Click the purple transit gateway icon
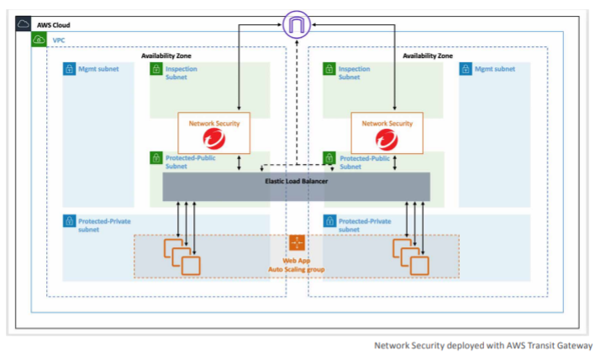pos(297,24)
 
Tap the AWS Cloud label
pos(53,25)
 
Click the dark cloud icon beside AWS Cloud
pos(24,24)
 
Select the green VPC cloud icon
pos(39,40)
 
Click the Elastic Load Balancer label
pos(297,181)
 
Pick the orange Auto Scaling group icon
pos(297,242)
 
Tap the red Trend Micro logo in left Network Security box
pos(214,139)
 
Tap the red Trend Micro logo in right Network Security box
pos(387,139)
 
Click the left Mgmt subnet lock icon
pos(69,69)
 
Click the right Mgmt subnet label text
pos(495,69)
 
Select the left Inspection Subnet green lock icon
pos(156,69)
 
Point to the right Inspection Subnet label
pos(354,72)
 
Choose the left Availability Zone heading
pos(166,56)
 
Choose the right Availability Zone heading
pos(428,56)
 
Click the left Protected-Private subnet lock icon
pos(69,221)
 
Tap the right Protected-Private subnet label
pos(365,225)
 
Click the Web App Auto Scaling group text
pos(297,265)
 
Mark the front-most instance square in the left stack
pos(191,266)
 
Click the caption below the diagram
pos(483,346)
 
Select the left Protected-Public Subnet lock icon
pos(156,158)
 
